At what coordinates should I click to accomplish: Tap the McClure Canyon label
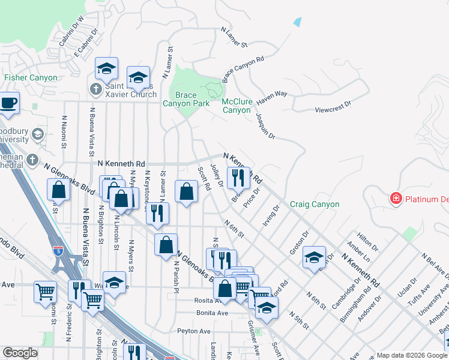click(x=237, y=106)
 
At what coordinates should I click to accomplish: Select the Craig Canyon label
click(x=315, y=205)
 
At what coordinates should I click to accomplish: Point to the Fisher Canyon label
click(x=31, y=77)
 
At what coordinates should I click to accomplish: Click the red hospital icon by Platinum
click(x=396, y=198)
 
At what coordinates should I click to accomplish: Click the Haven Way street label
click(x=273, y=95)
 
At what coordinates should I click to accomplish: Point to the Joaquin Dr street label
click(x=265, y=127)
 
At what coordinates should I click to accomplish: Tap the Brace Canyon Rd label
click(x=243, y=70)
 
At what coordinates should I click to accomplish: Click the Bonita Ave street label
click(x=212, y=313)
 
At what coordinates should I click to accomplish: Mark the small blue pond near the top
click(x=298, y=22)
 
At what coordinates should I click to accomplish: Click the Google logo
click(x=20, y=353)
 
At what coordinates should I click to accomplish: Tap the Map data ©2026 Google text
click(x=403, y=355)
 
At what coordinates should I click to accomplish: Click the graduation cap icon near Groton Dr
click(x=314, y=257)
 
